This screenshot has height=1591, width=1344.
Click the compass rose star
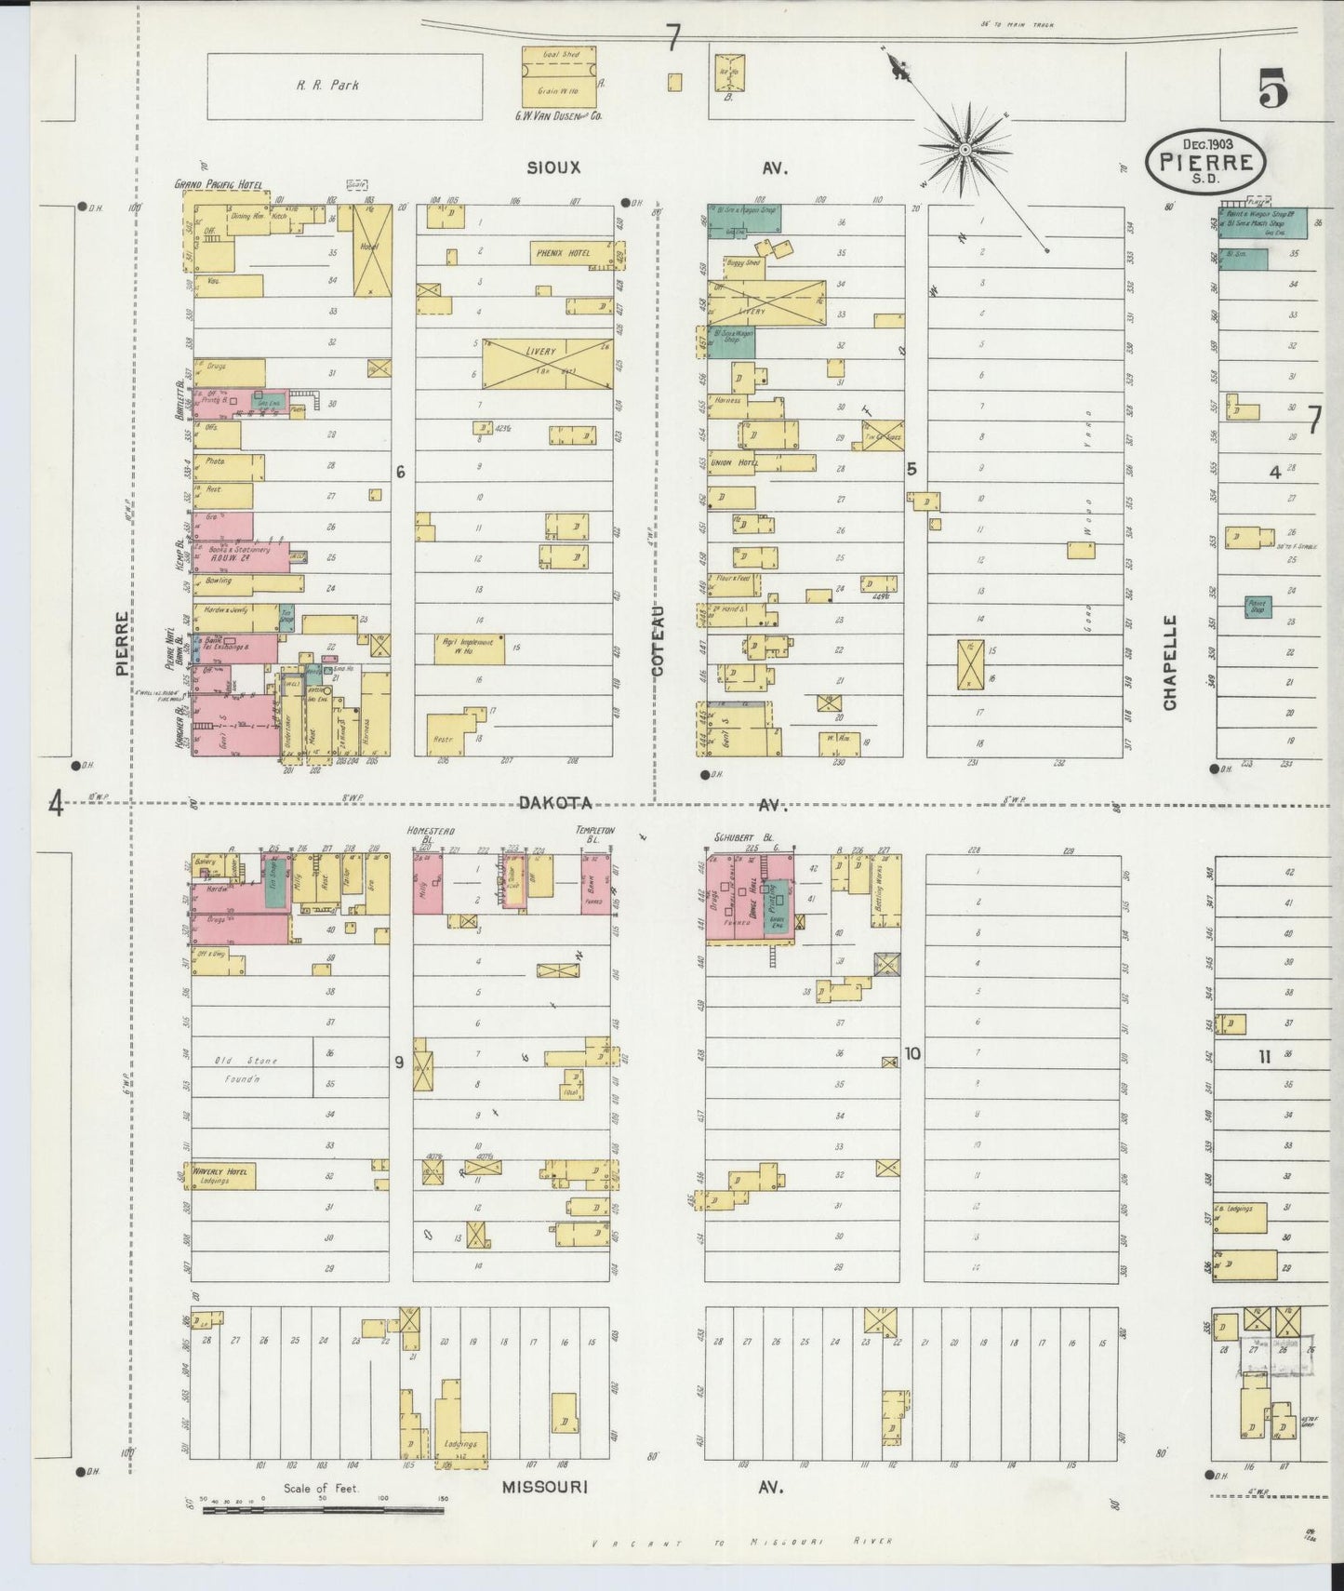(965, 149)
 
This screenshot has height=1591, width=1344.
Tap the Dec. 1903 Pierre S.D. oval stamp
(1206, 161)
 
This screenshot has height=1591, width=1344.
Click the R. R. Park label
(327, 86)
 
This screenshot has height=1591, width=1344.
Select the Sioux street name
(553, 168)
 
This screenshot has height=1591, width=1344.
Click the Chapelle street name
(1169, 662)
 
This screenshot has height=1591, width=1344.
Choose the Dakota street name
(554, 804)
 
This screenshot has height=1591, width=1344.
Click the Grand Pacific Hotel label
(218, 184)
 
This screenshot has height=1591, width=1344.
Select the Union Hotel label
(733, 462)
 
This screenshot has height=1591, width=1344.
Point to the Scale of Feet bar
(323, 1509)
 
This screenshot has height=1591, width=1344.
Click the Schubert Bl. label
(738, 836)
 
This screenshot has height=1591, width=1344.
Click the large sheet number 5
(1272, 90)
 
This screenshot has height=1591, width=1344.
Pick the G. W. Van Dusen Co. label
(558, 117)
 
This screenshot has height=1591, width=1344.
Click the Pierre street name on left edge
(122, 643)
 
